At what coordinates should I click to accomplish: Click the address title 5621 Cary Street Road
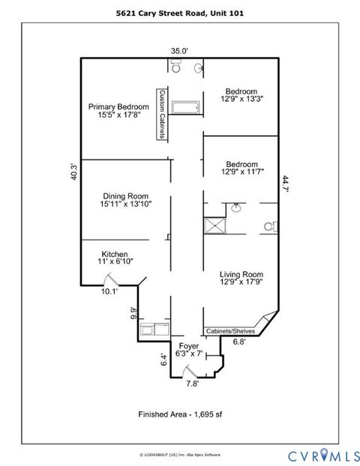(179, 13)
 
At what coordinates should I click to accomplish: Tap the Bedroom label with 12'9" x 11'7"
(241, 169)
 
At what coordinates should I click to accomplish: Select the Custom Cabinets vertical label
(161, 113)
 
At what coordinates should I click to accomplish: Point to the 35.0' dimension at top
(178, 51)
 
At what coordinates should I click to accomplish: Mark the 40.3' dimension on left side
(73, 171)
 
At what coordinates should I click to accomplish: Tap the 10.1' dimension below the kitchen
(110, 291)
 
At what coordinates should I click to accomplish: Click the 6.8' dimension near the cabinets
(239, 342)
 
